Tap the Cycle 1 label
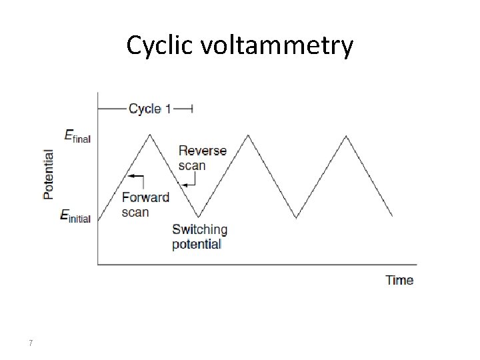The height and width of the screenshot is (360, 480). click(x=149, y=108)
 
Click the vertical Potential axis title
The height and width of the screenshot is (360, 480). click(x=49, y=173)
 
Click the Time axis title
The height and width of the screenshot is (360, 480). click(x=399, y=280)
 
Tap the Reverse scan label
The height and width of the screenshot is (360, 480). click(x=202, y=157)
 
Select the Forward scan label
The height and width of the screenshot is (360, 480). click(x=145, y=205)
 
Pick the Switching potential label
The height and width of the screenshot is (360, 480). click(x=199, y=237)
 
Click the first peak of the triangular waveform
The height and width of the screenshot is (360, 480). click(x=151, y=135)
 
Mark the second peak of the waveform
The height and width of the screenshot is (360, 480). click(x=249, y=135)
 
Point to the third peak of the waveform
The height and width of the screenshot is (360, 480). click(x=345, y=136)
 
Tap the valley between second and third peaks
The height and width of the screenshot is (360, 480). click(x=297, y=217)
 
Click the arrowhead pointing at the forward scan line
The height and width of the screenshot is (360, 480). click(x=130, y=177)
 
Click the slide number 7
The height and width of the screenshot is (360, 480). click(x=31, y=343)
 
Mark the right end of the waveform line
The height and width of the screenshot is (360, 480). click(x=393, y=216)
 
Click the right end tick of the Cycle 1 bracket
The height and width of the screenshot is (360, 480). click(x=192, y=108)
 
